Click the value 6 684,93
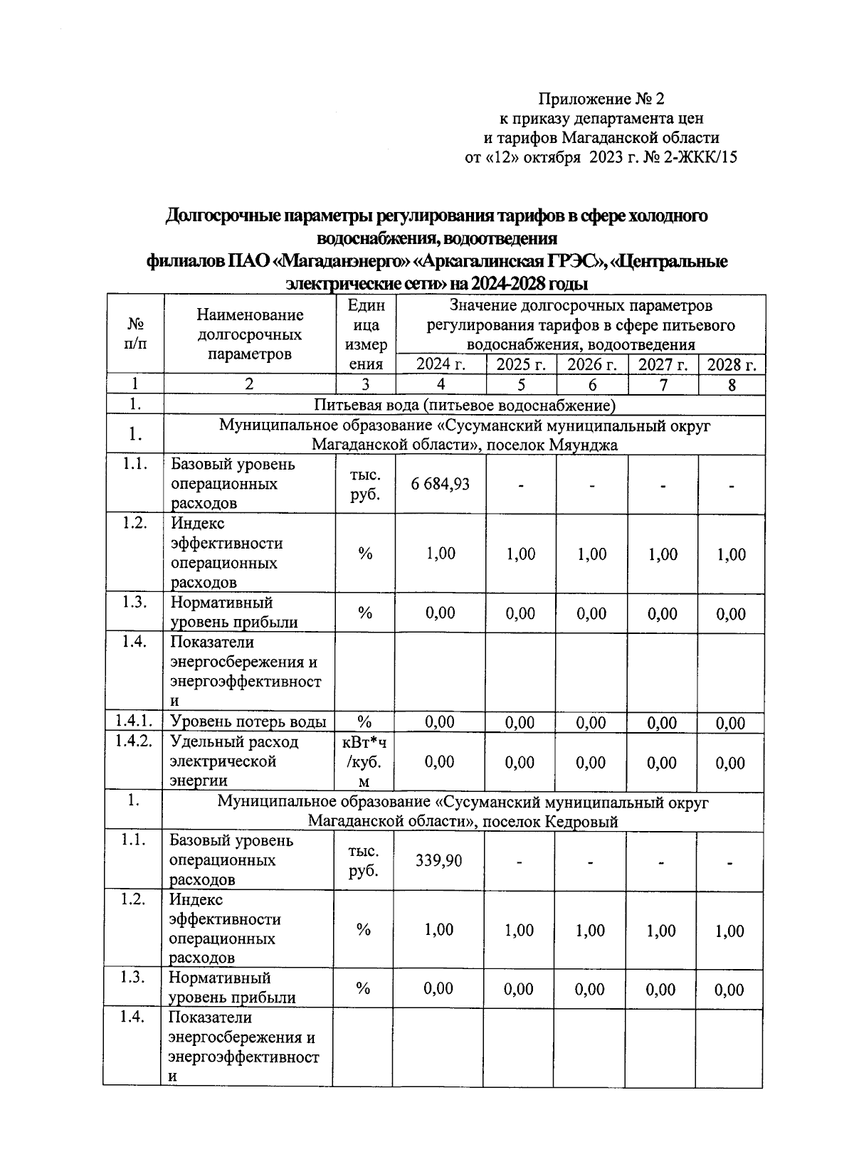click(440, 485)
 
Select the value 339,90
click(438, 861)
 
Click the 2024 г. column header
click(441, 365)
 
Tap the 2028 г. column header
click(732, 365)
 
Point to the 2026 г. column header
click(591, 365)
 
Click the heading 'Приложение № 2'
click(601, 97)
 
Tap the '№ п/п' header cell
click(135, 333)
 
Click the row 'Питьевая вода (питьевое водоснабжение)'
click(464, 406)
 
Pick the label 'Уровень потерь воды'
click(248, 722)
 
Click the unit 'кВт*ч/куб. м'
click(364, 762)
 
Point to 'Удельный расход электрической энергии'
click(235, 761)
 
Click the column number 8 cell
click(732, 385)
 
